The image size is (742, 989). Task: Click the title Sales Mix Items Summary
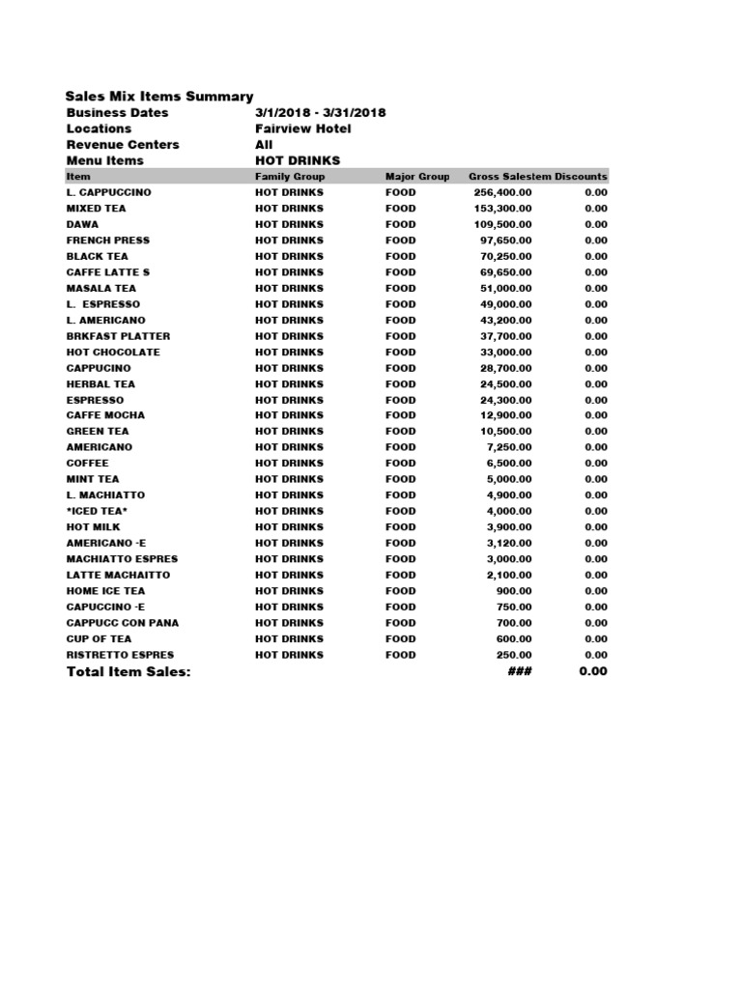point(159,97)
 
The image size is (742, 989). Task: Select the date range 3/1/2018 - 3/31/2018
point(320,113)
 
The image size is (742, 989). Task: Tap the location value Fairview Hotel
point(302,128)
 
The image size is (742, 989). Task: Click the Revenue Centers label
point(123,145)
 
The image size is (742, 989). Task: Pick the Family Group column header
point(290,177)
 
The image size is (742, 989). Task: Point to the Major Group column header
point(417,177)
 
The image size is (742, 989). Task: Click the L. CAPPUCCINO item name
point(108,192)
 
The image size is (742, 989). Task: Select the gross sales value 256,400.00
point(502,192)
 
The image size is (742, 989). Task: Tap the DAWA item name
point(82,224)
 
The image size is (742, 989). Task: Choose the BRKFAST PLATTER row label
point(118,336)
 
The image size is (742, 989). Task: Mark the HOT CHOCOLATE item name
point(113,352)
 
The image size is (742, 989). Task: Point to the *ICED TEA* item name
point(97,511)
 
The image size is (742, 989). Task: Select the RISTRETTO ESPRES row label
point(120,655)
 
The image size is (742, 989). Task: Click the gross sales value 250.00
point(514,655)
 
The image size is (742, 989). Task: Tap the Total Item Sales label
point(128,672)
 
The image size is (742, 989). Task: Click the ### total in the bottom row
point(520,672)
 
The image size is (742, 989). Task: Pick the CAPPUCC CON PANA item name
point(122,623)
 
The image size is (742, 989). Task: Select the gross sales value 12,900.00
point(505,415)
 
